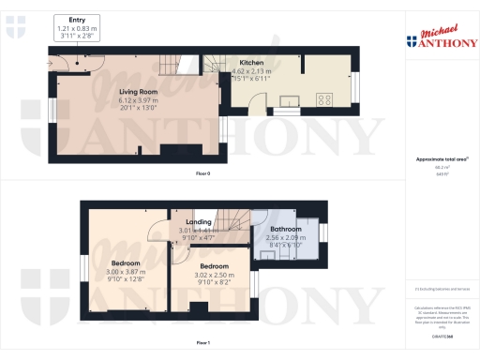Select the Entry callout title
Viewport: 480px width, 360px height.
coord(77,19)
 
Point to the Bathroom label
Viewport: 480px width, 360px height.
coord(285,230)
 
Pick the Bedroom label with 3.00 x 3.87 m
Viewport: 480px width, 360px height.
coord(126,263)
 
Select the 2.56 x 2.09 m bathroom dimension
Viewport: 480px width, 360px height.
coord(285,238)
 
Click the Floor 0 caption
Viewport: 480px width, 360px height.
coord(202,173)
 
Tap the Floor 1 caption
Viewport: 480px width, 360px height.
coord(202,345)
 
